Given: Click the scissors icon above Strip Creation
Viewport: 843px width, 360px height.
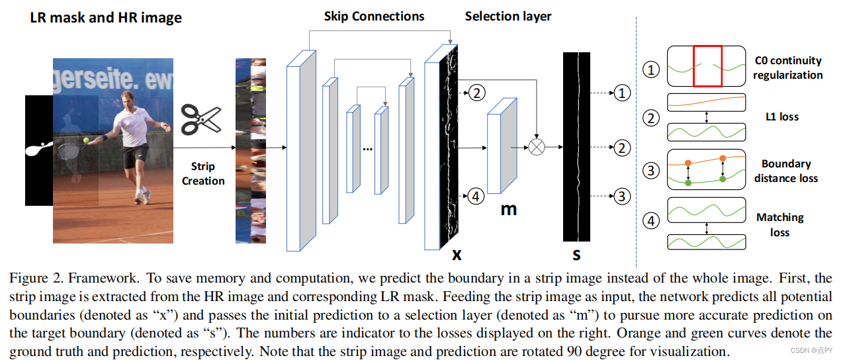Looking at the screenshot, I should (201, 120).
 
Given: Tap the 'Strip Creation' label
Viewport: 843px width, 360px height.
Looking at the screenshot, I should (203, 174).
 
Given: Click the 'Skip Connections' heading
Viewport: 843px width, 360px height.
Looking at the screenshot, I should (374, 16).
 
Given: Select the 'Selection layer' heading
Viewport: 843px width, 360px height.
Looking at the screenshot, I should (508, 16).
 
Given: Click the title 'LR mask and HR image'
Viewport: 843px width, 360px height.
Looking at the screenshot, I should (106, 18).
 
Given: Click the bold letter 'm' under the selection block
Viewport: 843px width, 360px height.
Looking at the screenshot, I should (508, 209).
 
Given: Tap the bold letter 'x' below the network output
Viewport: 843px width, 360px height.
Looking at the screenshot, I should (456, 254).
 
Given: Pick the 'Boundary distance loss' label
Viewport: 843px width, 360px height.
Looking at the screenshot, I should (785, 171).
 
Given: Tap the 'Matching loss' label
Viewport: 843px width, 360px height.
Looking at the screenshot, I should (779, 225).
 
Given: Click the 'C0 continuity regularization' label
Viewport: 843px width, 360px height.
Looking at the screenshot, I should (787, 67).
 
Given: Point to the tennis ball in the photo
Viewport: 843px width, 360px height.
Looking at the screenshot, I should (85, 140).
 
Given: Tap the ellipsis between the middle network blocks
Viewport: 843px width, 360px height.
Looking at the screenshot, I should (367, 148).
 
